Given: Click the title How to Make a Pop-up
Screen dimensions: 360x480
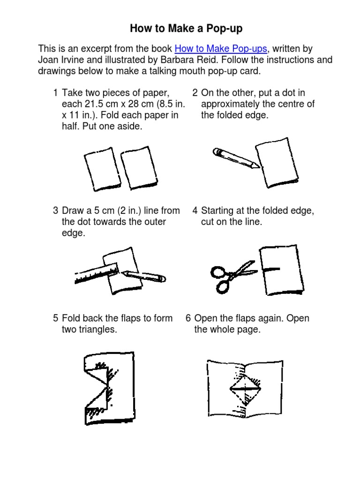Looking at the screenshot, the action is tap(186, 29).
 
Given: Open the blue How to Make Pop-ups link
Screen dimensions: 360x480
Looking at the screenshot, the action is tap(221, 49).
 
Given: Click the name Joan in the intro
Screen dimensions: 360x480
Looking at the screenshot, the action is tap(48, 60).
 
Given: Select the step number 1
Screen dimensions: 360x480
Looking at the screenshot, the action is tap(55, 93).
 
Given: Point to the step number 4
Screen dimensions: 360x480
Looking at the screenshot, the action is tap(195, 210).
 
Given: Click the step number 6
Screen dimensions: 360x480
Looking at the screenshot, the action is tap(188, 318).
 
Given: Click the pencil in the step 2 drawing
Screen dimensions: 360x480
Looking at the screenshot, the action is tap(236, 157).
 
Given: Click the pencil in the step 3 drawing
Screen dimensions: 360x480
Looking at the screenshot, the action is tap(143, 276).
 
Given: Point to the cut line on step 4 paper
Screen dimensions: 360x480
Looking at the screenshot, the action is tap(271, 270).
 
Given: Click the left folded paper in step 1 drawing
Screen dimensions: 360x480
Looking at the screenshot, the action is tap(103, 169).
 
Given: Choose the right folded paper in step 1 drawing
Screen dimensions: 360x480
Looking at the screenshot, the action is tap(139, 168).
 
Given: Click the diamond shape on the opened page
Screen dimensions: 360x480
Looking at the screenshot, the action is tap(245, 389).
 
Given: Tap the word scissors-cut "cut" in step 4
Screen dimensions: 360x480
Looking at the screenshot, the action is tap(207, 222).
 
